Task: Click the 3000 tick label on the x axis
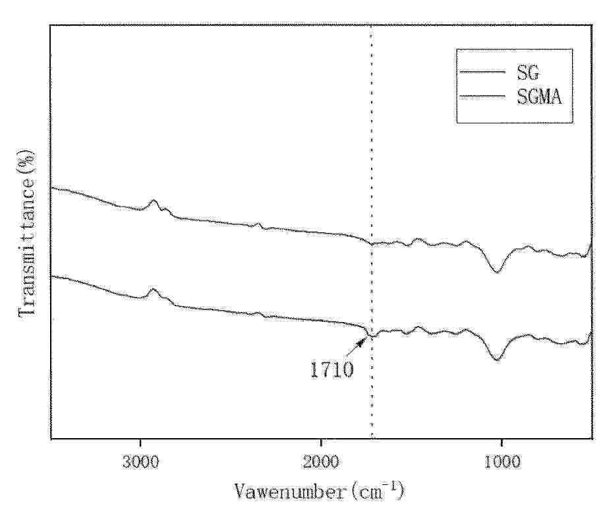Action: (x=140, y=460)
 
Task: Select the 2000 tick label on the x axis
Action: (x=322, y=460)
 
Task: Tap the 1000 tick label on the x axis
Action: (x=502, y=460)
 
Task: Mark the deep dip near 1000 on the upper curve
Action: (x=498, y=271)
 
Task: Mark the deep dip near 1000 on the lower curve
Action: (x=498, y=360)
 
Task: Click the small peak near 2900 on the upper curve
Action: (x=154, y=201)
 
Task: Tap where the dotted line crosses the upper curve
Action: (x=372, y=243)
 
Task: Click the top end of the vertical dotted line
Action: (x=372, y=26)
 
